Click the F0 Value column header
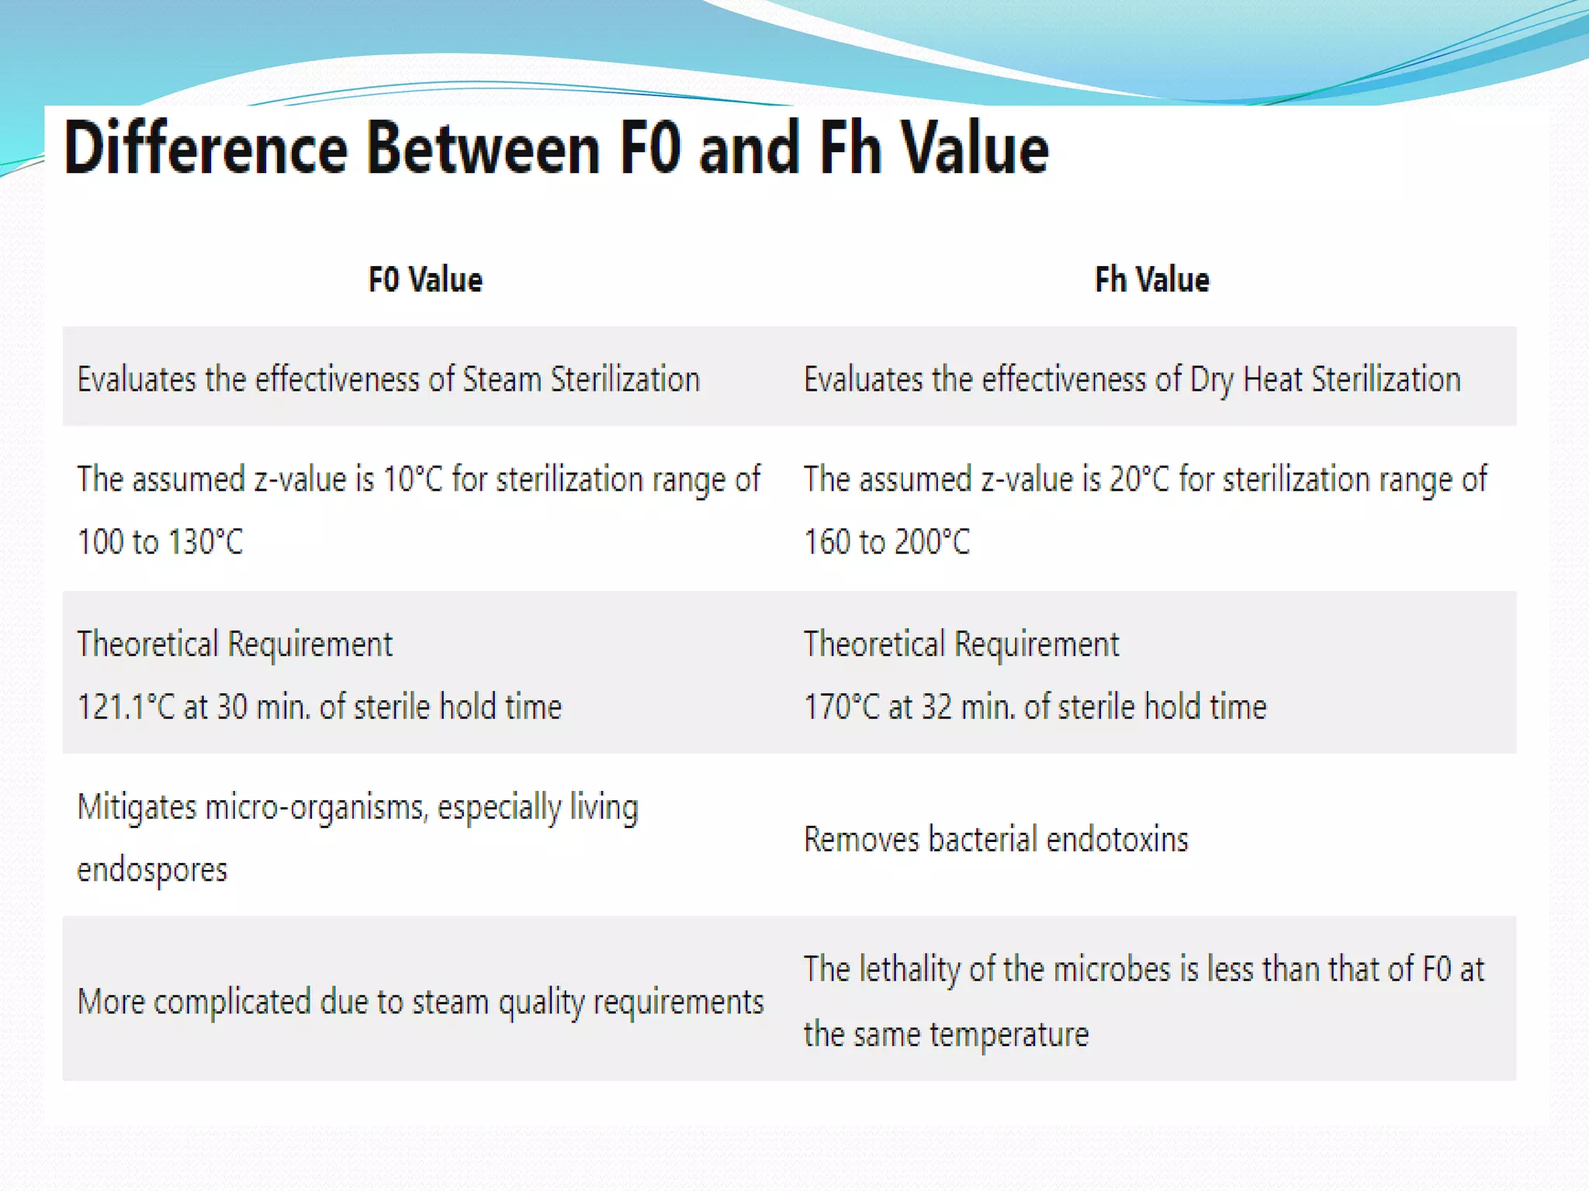(x=425, y=280)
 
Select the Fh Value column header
(x=1151, y=280)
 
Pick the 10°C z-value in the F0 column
(x=413, y=479)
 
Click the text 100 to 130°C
(x=160, y=542)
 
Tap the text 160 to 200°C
(x=887, y=542)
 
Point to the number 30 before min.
(x=231, y=707)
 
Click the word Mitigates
(x=137, y=808)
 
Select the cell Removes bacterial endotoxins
(x=995, y=840)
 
